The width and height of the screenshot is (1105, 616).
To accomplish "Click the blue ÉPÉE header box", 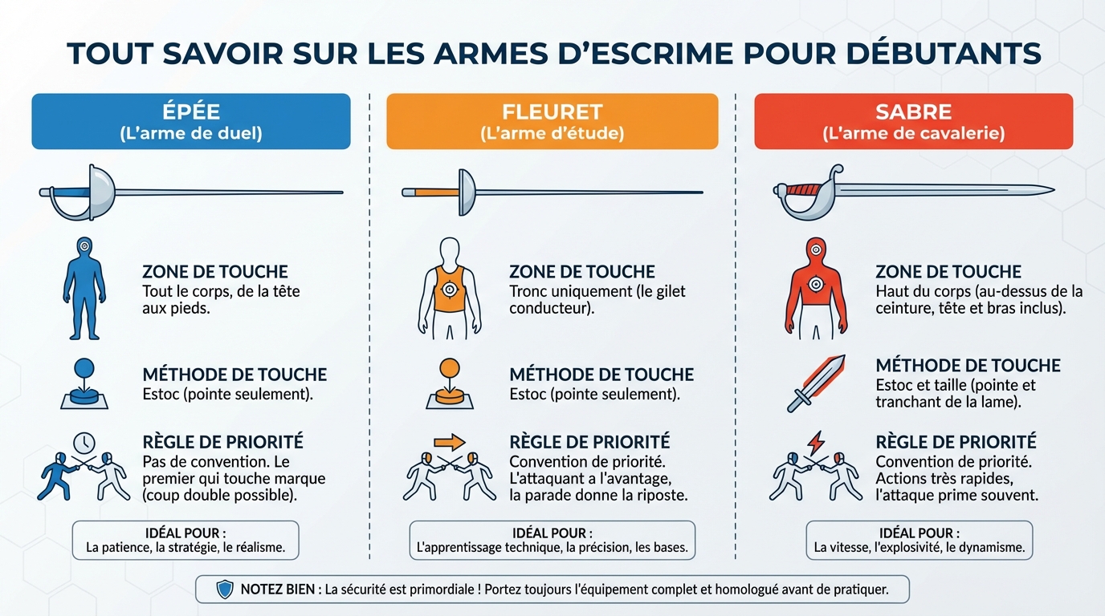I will coord(191,121).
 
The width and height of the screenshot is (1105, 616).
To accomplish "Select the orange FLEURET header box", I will coord(552,121).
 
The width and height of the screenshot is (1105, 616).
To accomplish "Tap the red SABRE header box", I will coord(913,121).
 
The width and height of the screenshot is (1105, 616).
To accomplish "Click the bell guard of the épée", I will coord(101,191).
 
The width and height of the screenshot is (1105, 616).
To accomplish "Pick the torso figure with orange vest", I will coord(450,287).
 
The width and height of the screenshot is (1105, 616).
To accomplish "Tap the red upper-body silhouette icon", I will coord(816,287).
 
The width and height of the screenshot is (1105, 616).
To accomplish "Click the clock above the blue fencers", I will coord(84,443).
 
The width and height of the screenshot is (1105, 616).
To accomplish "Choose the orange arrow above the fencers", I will coord(449,441).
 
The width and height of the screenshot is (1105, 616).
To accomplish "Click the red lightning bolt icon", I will coord(815,442).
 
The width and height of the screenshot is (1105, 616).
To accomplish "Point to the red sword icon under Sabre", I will coord(815,383).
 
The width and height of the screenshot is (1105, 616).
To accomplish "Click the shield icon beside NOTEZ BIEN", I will coord(225,590).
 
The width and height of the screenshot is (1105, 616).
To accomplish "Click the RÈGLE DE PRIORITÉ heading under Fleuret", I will coord(589,442).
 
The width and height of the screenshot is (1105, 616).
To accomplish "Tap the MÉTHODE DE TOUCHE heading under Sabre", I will coord(968,366).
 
